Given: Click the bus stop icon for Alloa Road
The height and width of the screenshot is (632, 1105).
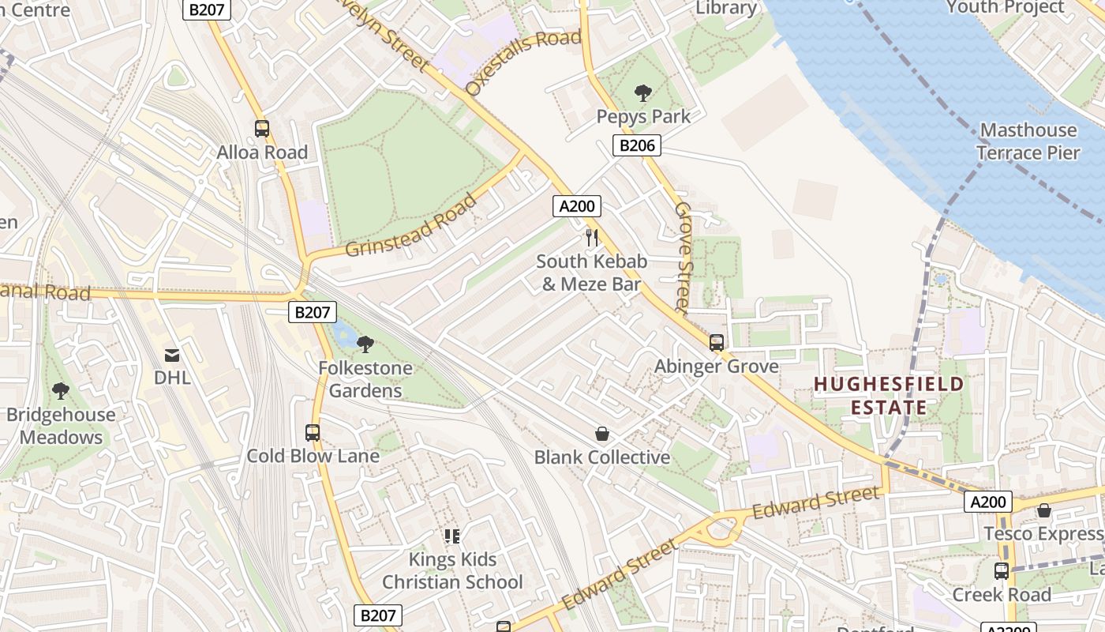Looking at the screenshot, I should [261, 128].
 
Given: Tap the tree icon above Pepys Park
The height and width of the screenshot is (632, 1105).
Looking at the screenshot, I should [643, 93].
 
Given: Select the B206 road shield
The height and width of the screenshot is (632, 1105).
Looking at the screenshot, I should [636, 145].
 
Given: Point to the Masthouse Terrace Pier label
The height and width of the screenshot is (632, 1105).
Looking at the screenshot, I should [1028, 141].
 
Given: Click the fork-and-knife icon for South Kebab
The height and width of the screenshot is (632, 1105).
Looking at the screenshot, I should [592, 237].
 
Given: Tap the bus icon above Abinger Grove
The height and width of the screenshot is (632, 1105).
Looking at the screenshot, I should [717, 343].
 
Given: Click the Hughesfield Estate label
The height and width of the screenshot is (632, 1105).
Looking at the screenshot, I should [889, 396].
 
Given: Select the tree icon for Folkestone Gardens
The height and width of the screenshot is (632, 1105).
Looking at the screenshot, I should [365, 344].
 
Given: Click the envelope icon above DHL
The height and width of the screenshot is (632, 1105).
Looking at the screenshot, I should [172, 355].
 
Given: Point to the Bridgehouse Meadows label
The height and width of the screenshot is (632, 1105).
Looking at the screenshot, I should [61, 426].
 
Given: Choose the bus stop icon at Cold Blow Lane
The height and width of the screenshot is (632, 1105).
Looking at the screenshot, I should [313, 432].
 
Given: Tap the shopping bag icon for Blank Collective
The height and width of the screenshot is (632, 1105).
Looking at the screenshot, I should [602, 434].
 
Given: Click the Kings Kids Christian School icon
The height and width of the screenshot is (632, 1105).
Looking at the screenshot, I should [452, 536].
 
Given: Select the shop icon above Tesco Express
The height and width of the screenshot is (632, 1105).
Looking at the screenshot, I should [1044, 510].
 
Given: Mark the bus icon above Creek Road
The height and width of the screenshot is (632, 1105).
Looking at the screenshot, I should [1002, 570].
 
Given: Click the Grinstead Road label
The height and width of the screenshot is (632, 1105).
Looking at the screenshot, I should [411, 225].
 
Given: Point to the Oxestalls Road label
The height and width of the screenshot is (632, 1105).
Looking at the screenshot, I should [523, 62].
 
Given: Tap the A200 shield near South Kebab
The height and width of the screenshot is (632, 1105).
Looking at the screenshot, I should [576, 207].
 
